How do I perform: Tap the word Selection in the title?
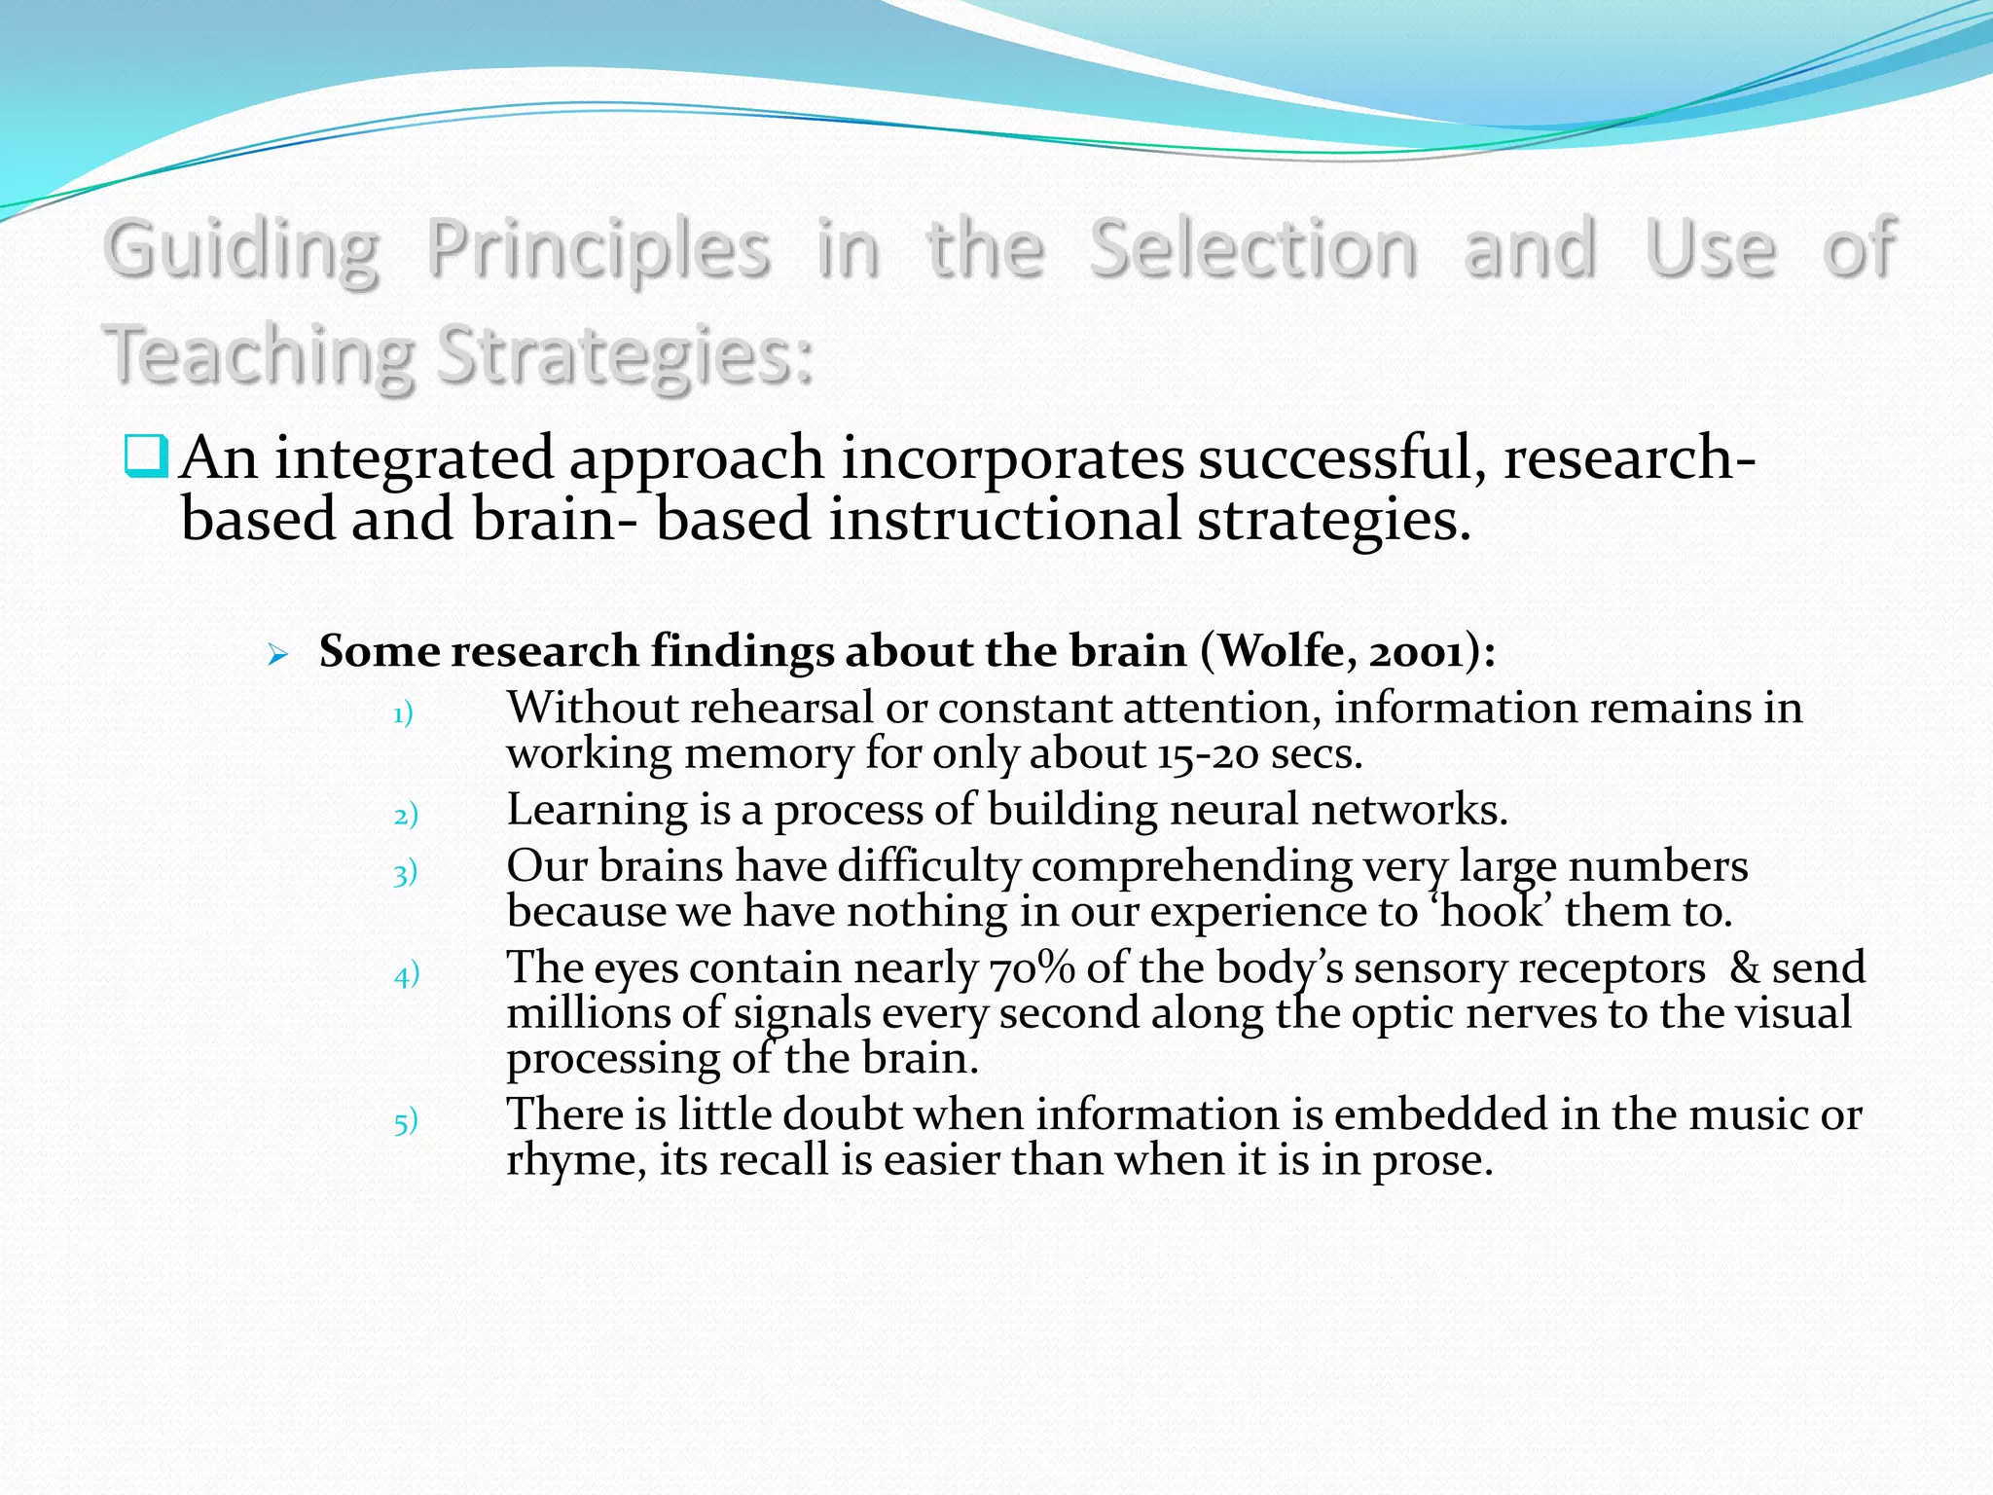coord(1252,249)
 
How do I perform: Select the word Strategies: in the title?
coord(624,356)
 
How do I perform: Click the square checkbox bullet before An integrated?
coord(146,457)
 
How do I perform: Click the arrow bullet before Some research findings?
coord(278,656)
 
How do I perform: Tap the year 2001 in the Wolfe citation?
coord(1417,651)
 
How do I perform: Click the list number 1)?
coord(403,714)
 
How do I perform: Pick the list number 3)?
coord(405,873)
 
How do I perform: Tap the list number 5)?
coord(406,1122)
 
